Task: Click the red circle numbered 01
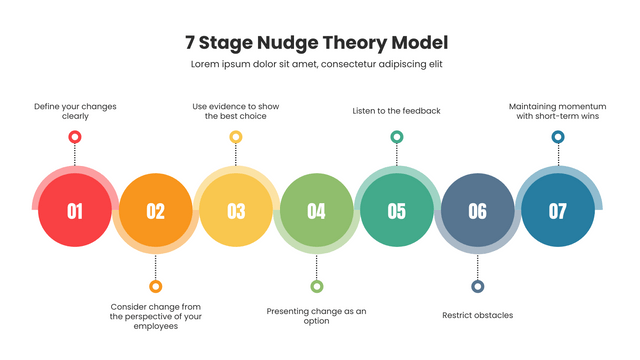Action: [x=75, y=210]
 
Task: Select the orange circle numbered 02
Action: [x=155, y=210]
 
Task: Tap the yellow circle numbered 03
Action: [x=236, y=210]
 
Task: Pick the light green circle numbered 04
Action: [x=316, y=210]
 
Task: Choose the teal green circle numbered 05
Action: [x=397, y=210]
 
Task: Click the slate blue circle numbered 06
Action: [x=477, y=210]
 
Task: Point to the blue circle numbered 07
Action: [x=558, y=210]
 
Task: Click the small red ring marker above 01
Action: [x=75, y=137]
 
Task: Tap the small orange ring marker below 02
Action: [x=155, y=286]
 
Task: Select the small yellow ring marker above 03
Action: [x=236, y=137]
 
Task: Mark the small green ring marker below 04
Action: [x=316, y=286]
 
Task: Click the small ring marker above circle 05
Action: [x=397, y=137]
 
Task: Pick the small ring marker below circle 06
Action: [x=477, y=286]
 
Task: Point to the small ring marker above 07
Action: [x=558, y=137]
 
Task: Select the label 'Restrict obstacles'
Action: [x=477, y=315]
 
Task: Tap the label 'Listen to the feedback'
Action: [x=397, y=110]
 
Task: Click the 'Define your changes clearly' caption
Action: [x=75, y=110]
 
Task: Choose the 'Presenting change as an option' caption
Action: [x=316, y=316]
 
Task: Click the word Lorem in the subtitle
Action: [x=207, y=64]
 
